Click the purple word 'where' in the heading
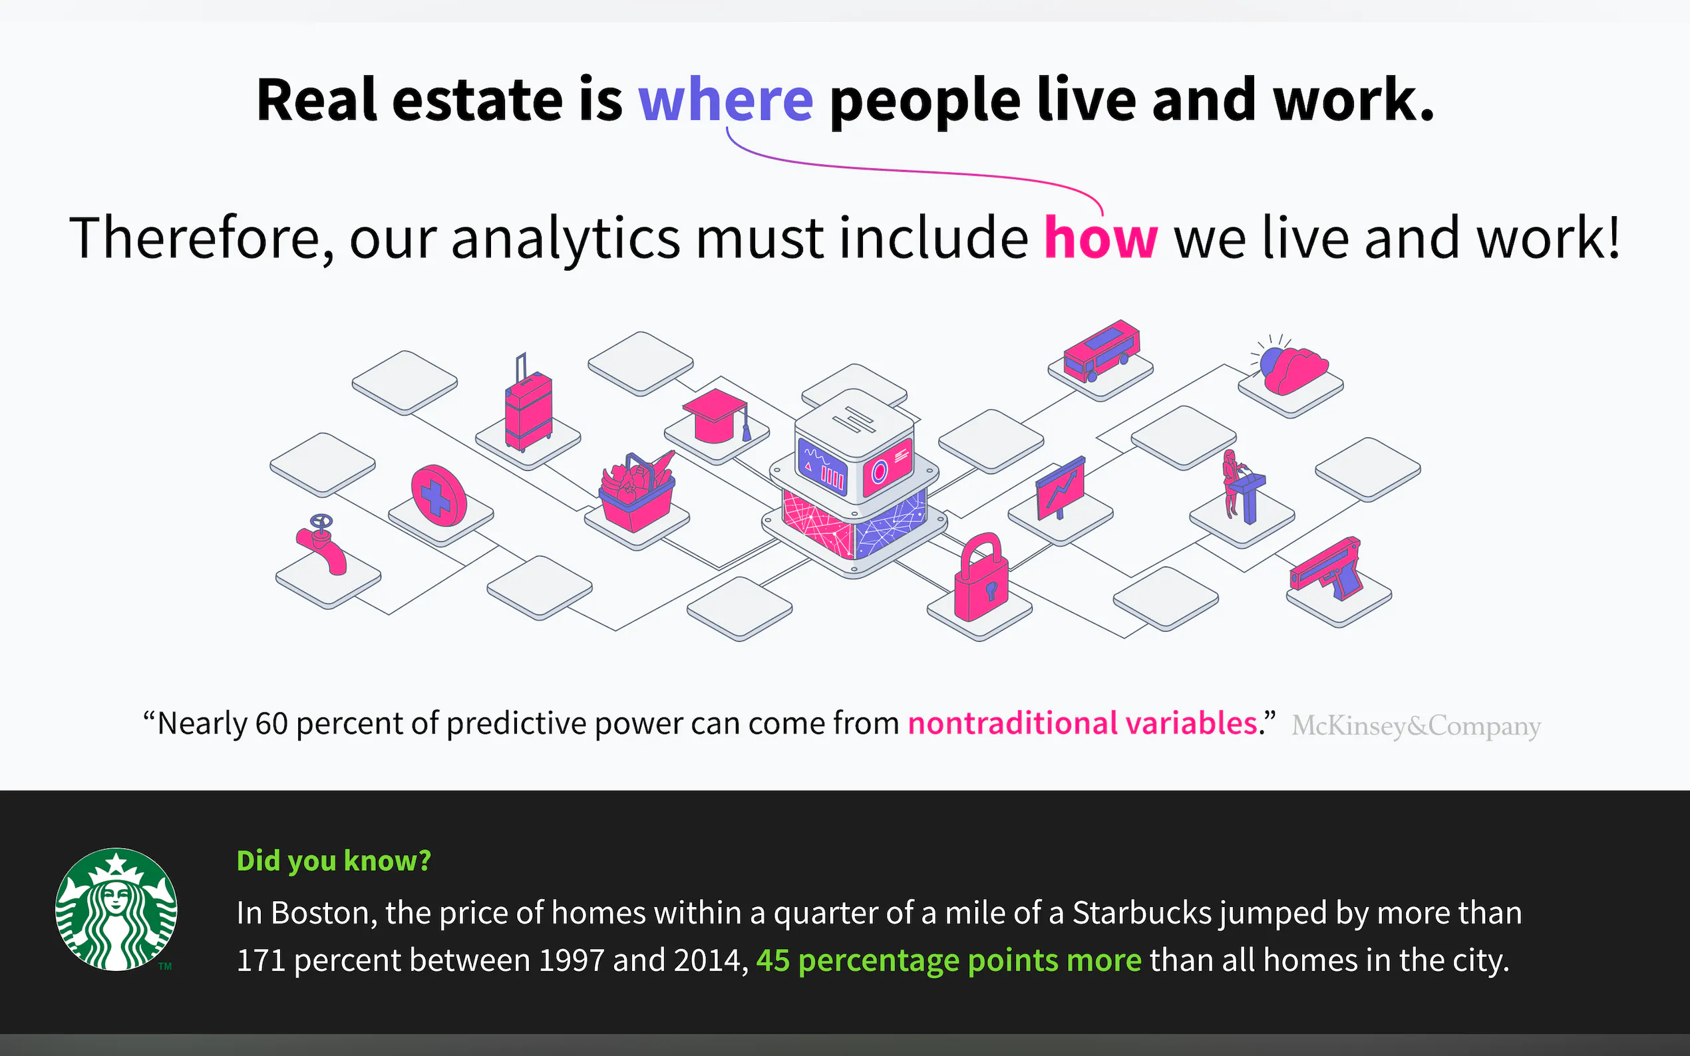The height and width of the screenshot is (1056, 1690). [x=725, y=100]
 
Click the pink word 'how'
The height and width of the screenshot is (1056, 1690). [x=1100, y=237]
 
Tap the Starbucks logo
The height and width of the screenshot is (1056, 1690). [x=116, y=909]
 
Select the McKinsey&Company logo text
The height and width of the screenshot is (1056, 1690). [x=1416, y=726]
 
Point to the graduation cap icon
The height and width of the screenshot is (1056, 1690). [x=716, y=416]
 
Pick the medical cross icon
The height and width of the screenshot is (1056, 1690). [x=438, y=495]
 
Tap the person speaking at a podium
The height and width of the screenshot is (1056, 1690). [x=1242, y=487]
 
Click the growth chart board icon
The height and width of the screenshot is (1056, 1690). [x=1060, y=488]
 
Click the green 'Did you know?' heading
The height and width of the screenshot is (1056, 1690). [x=334, y=860]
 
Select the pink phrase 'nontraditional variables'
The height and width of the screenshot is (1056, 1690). [x=1082, y=723]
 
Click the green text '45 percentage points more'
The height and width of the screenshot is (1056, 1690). [x=949, y=960]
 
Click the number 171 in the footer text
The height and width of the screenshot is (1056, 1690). [x=261, y=960]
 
